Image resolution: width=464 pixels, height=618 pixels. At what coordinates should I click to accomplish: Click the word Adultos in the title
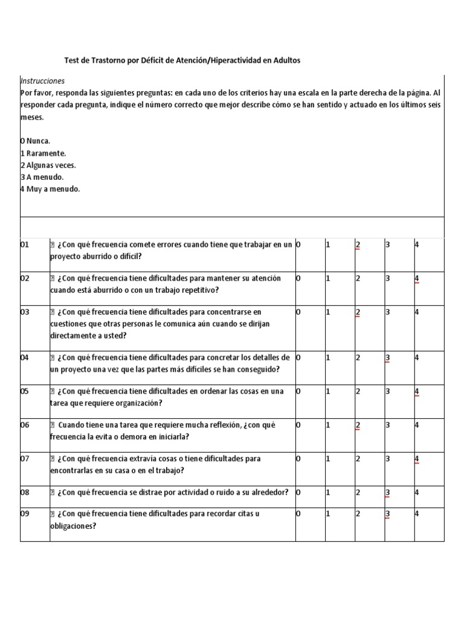click(x=285, y=60)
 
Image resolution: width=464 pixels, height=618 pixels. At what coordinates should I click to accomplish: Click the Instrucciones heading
click(x=42, y=81)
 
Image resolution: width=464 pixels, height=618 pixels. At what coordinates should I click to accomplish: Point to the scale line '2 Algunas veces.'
click(x=48, y=165)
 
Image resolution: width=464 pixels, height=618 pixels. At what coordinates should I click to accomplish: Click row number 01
click(x=25, y=245)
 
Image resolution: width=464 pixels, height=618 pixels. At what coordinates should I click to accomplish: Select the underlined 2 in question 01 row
click(x=358, y=245)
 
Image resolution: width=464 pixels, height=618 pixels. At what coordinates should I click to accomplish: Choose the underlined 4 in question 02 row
click(x=417, y=279)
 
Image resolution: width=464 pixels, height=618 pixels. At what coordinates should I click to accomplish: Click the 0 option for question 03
click(x=298, y=312)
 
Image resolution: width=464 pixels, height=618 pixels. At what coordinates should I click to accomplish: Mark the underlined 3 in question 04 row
click(x=387, y=357)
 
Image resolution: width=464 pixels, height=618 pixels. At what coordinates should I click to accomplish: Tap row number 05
click(x=25, y=391)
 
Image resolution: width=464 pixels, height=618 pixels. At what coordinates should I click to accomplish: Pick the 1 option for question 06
click(x=328, y=425)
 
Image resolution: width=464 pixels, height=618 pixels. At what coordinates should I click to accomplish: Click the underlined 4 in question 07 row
click(x=417, y=459)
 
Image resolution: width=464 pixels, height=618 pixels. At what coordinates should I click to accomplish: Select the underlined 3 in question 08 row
click(x=387, y=492)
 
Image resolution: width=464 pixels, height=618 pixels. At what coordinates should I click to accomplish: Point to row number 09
click(x=25, y=514)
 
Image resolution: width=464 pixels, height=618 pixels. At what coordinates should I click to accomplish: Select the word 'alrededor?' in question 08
click(x=268, y=492)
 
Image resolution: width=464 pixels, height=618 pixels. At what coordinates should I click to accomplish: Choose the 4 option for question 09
click(x=417, y=514)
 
